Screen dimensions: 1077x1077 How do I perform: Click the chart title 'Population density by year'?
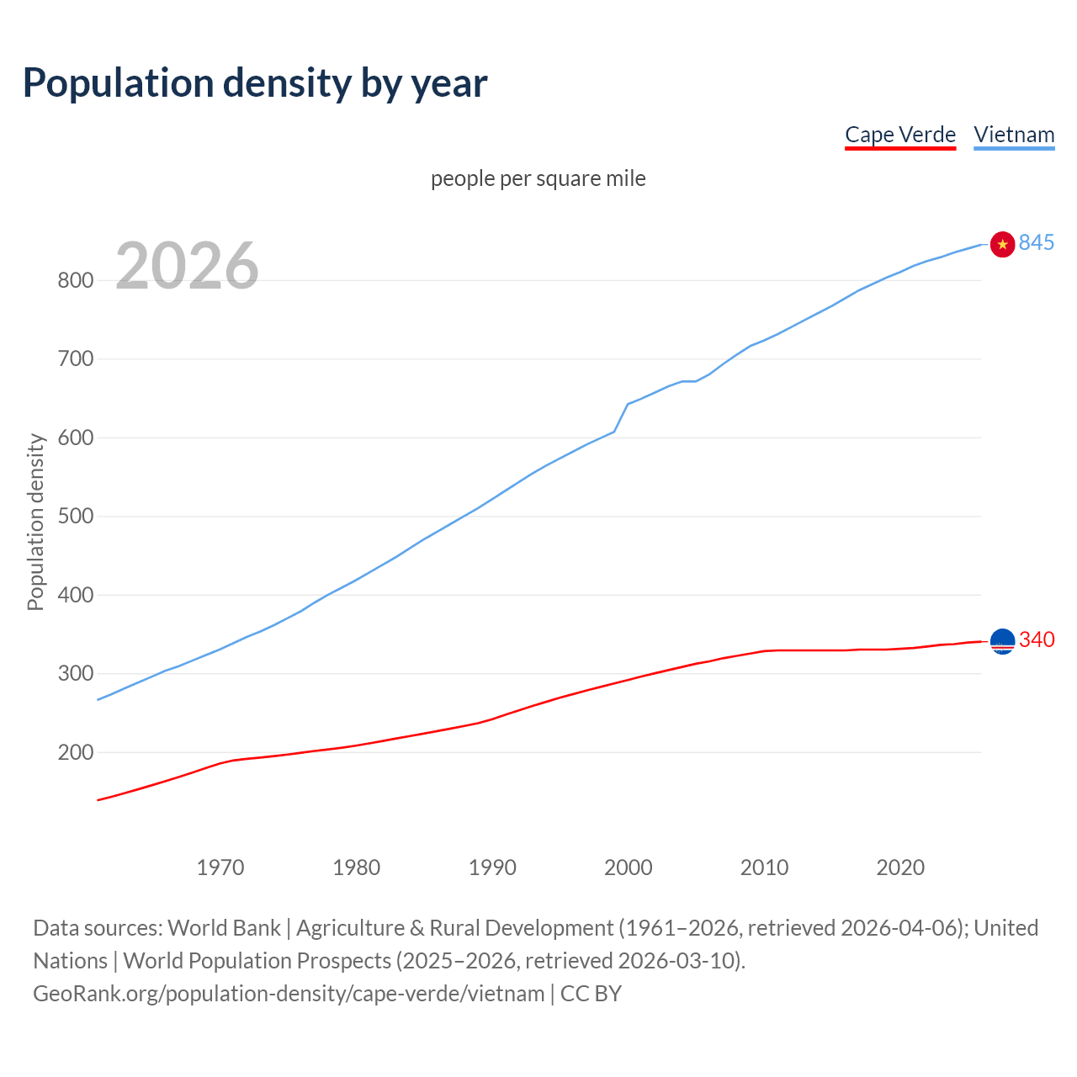[x=255, y=83]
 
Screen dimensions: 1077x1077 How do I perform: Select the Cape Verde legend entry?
[x=899, y=135]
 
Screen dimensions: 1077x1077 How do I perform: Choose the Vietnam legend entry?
[x=1014, y=135]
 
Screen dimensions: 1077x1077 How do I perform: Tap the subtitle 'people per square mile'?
[x=538, y=178]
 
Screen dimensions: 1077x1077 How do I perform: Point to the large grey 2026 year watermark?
[x=187, y=266]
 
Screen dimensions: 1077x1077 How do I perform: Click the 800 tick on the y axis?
[x=75, y=281]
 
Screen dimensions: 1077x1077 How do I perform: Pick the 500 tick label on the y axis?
[x=75, y=517]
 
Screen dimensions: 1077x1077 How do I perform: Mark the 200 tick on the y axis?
[x=75, y=753]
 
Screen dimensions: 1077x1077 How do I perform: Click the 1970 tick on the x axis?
[x=220, y=867]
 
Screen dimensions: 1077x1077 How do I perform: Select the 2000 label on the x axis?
[x=628, y=867]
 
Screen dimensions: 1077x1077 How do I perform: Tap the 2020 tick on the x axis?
[x=900, y=867]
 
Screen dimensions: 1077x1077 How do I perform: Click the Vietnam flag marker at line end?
[x=1002, y=244]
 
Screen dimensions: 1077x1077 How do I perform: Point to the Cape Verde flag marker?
[x=1002, y=641]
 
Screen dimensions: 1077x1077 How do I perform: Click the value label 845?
[x=1036, y=243]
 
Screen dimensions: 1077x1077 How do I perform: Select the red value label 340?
[x=1036, y=640]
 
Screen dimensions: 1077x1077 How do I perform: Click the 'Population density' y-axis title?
[x=35, y=522]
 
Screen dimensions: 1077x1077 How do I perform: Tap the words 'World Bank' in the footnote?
[x=224, y=928]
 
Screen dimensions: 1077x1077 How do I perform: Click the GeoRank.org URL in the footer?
[x=289, y=994]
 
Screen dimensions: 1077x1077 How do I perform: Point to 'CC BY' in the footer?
[x=591, y=994]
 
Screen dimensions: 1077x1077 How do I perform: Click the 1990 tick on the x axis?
[x=492, y=867]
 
